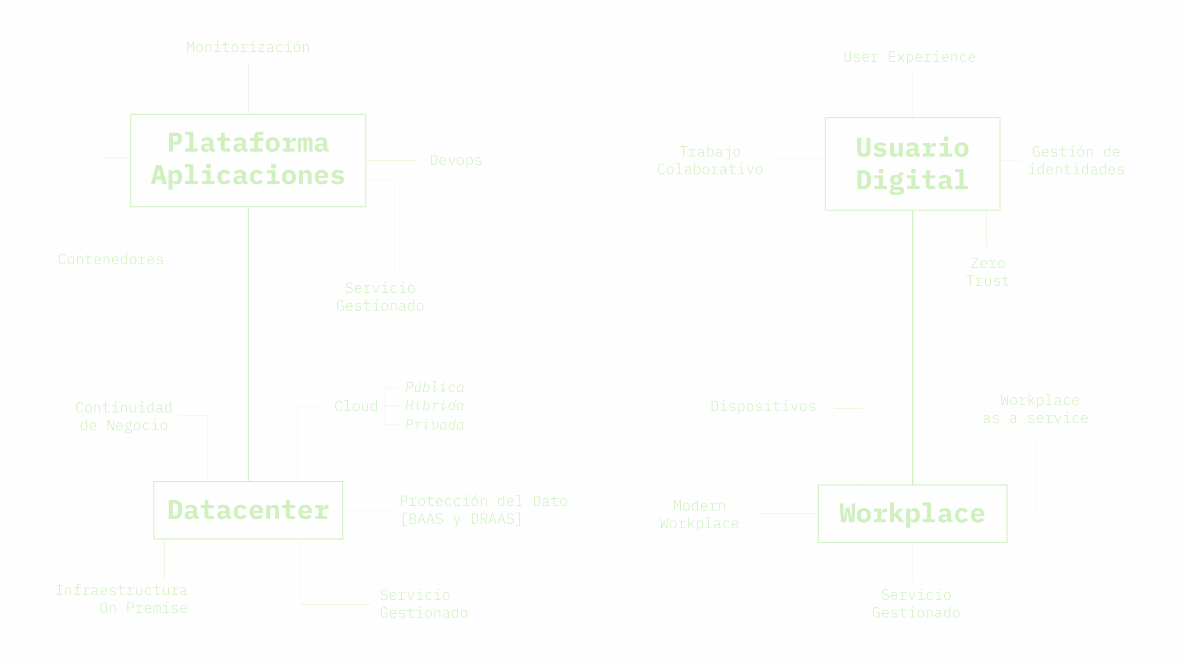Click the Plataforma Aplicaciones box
(x=248, y=160)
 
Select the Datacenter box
(x=248, y=510)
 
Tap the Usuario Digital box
(x=912, y=164)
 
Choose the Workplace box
(x=912, y=514)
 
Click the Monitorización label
(x=248, y=47)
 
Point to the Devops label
(x=456, y=161)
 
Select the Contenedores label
(x=110, y=260)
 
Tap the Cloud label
(x=356, y=406)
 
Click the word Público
(x=434, y=387)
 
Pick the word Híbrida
(x=434, y=406)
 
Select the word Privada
(x=434, y=425)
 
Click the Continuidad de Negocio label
(x=123, y=417)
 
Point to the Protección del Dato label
(x=483, y=510)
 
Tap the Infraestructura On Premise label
(x=122, y=599)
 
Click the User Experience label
(x=909, y=57)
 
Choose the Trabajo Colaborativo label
(x=710, y=161)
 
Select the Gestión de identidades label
(x=1076, y=161)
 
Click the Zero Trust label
(x=988, y=272)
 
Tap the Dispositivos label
(x=763, y=407)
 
